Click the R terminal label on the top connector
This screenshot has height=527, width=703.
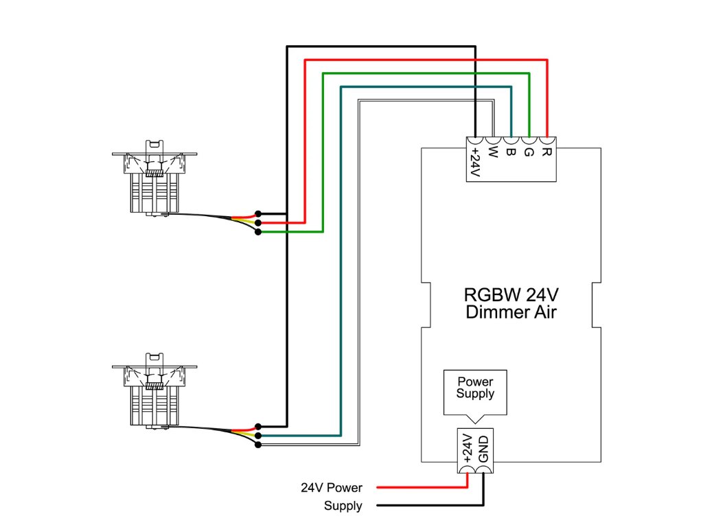(x=546, y=148)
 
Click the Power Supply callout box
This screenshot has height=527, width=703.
(x=475, y=388)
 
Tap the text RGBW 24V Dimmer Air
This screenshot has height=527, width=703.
(x=511, y=304)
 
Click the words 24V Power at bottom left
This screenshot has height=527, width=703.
(x=331, y=488)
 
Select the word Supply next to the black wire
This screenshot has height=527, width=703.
(x=343, y=506)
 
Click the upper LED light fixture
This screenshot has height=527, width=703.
(x=154, y=180)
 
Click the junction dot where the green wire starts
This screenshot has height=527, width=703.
(x=257, y=232)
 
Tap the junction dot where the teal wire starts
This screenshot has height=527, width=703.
(x=257, y=436)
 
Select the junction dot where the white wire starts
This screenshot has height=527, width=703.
(x=257, y=445)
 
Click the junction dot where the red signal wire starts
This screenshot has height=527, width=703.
(x=257, y=222)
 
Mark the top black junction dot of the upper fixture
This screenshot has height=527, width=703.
(x=257, y=213)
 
